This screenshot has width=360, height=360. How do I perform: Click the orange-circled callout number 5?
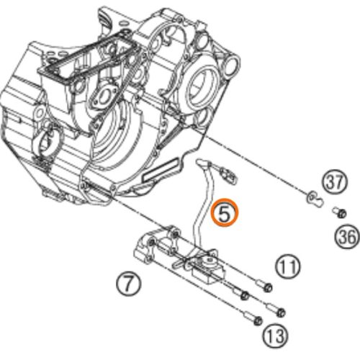pyautogui.click(x=224, y=212)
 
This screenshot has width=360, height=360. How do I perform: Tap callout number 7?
pyautogui.click(x=129, y=284)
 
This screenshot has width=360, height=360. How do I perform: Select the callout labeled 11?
pyautogui.click(x=288, y=266)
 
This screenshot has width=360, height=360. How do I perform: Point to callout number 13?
pyautogui.click(x=275, y=336)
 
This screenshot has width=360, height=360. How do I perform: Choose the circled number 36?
pyautogui.click(x=347, y=237)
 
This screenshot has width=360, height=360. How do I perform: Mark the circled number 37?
pyautogui.click(x=335, y=183)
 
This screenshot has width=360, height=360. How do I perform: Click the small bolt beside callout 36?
pyautogui.click(x=339, y=213)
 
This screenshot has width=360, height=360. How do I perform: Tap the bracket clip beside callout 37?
pyautogui.click(x=315, y=199)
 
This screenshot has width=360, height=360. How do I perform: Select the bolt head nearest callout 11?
pyautogui.click(x=268, y=287)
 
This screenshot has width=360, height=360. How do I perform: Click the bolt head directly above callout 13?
pyautogui.click(x=257, y=321)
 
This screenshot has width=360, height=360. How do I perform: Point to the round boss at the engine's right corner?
pyautogui.click(x=232, y=63)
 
